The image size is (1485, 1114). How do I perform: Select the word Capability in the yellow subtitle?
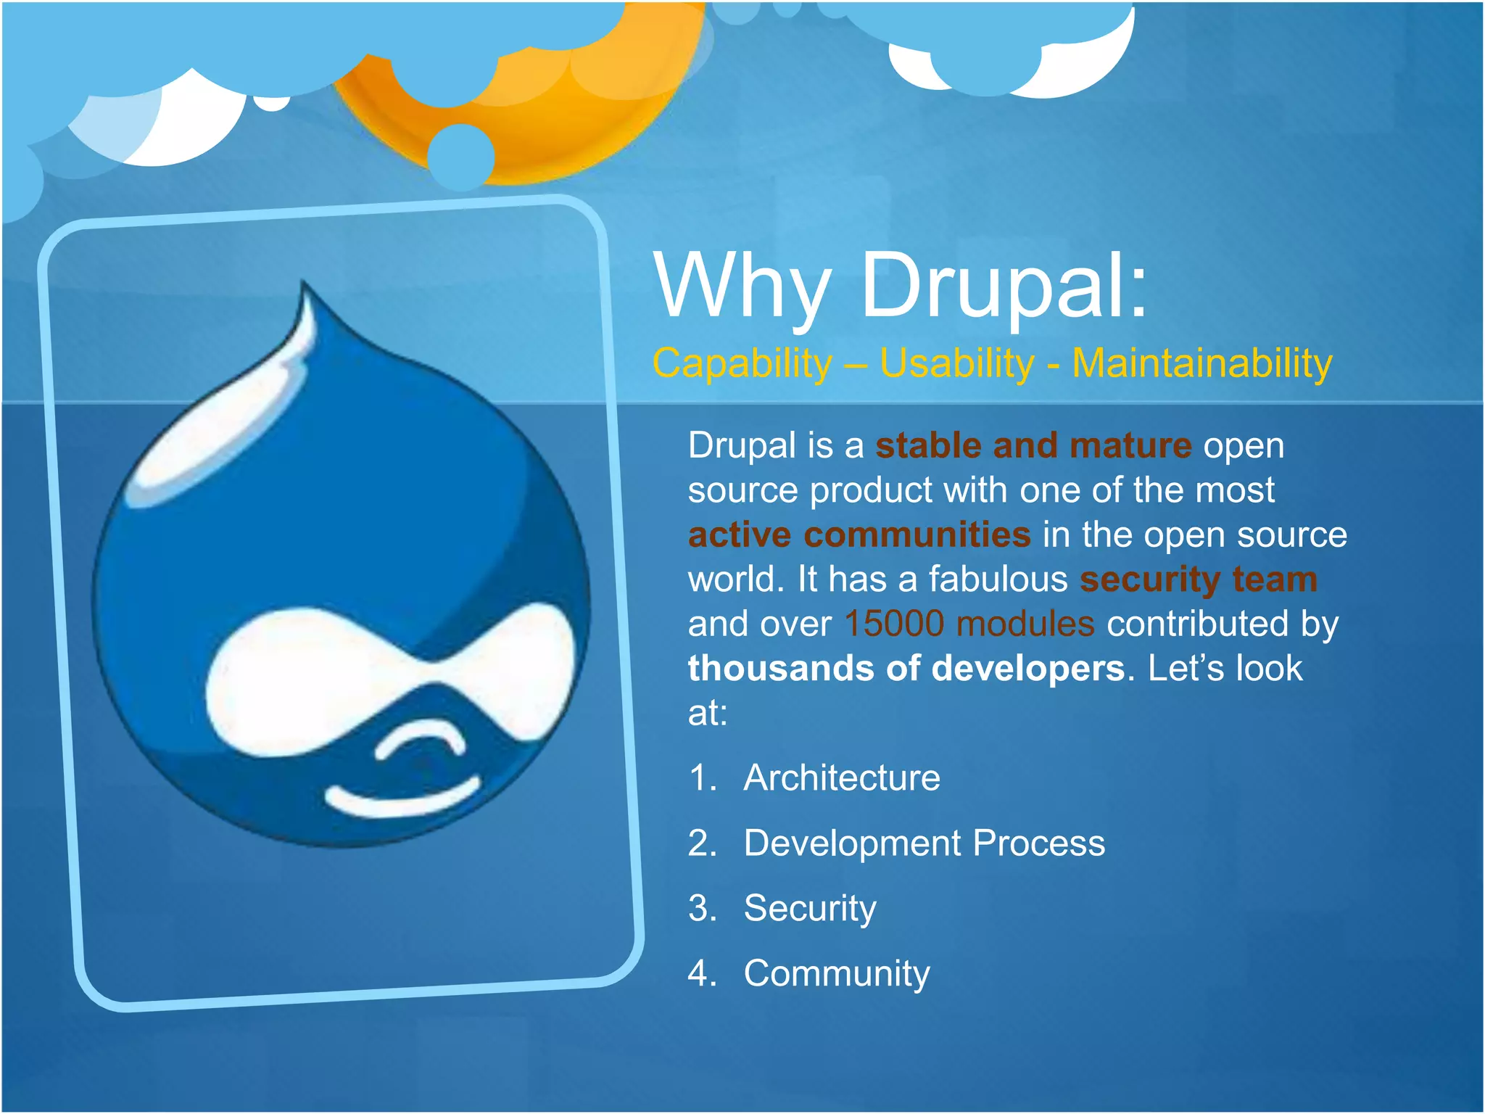tap(741, 363)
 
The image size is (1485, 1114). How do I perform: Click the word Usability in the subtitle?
tap(956, 363)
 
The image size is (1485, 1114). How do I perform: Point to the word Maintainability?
tap(1201, 363)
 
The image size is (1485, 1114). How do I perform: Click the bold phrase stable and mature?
tap(1033, 445)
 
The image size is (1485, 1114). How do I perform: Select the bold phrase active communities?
tap(859, 535)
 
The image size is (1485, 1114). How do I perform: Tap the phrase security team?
tap(1198, 579)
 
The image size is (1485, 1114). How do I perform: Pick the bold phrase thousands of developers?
tap(906, 668)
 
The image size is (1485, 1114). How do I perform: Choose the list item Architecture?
tap(841, 778)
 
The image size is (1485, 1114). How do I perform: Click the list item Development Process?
tap(924, 843)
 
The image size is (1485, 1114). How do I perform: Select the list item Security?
tap(809, 909)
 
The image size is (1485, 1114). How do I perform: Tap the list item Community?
tap(836, 973)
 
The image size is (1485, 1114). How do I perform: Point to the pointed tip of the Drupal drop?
tap(305, 286)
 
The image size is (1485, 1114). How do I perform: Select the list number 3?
tap(700, 909)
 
